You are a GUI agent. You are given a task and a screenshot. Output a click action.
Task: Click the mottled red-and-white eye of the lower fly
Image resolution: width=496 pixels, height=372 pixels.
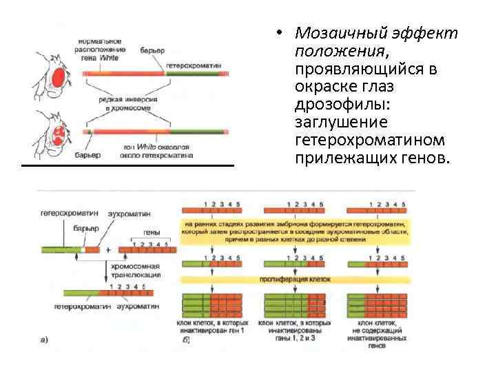60,130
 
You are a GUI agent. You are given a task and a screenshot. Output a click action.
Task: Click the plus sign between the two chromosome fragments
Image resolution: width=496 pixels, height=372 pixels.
107,249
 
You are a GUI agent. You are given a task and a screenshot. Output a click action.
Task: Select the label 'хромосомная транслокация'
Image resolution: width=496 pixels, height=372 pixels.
135,270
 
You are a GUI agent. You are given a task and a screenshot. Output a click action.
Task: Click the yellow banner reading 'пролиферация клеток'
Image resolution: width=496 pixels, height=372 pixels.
296,281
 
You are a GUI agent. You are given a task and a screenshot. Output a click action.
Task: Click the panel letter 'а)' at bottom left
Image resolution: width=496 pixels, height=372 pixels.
44,340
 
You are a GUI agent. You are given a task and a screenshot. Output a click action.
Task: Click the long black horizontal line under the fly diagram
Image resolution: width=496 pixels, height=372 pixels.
127,166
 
